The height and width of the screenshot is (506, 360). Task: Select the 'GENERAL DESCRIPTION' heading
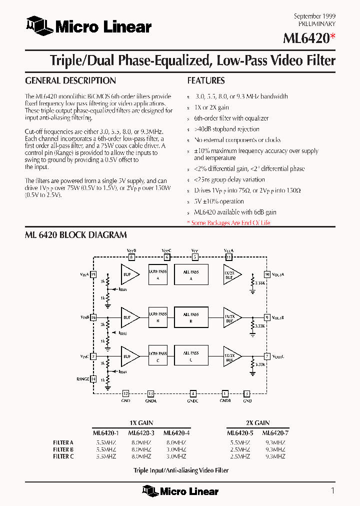click(x=70, y=80)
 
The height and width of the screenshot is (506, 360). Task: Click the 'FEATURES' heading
click(x=206, y=80)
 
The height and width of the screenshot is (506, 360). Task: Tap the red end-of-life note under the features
click(x=228, y=223)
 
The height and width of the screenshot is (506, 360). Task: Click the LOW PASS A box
click(x=158, y=274)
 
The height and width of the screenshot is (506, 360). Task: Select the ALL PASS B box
click(x=191, y=317)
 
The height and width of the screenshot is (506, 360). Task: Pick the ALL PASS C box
click(x=191, y=356)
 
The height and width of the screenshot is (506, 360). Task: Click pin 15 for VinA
click(x=93, y=274)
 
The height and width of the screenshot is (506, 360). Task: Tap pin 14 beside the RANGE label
click(x=93, y=379)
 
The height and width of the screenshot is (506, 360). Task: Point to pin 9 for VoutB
click(x=267, y=317)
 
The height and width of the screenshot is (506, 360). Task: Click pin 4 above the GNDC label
click(x=192, y=393)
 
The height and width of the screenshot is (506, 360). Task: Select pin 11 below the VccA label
click(x=228, y=257)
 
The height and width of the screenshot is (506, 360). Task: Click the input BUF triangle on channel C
click(x=128, y=356)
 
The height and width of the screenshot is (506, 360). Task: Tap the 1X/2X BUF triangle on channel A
click(x=231, y=274)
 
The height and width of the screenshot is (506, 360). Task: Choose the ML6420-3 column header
click(x=140, y=433)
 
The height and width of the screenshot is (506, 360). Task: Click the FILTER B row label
click(x=63, y=449)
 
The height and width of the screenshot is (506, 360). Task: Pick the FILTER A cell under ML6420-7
click(x=275, y=442)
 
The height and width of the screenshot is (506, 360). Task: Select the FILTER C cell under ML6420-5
click(x=239, y=456)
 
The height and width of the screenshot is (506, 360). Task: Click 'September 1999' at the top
click(x=314, y=16)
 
